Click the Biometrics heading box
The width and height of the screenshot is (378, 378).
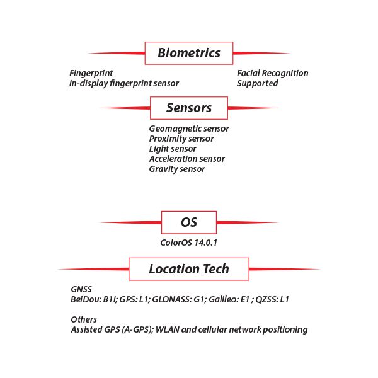189,53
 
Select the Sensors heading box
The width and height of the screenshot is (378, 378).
189,108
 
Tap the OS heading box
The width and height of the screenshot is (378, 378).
189,222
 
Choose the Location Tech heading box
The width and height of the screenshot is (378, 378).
189,269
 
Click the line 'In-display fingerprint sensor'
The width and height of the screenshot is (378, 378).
124,83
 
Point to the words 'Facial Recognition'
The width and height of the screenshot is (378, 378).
273,73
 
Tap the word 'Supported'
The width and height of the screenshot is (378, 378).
257,83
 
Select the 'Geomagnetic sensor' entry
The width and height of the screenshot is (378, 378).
189,129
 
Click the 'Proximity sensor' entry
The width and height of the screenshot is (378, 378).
181,139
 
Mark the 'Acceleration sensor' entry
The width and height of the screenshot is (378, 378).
187,159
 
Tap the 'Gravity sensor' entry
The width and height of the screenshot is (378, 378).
177,169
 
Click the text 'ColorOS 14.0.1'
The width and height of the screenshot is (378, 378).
189,242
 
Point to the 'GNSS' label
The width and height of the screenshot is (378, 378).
81,290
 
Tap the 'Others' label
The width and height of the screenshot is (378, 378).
84,319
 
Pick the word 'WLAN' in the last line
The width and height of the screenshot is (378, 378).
182,329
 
